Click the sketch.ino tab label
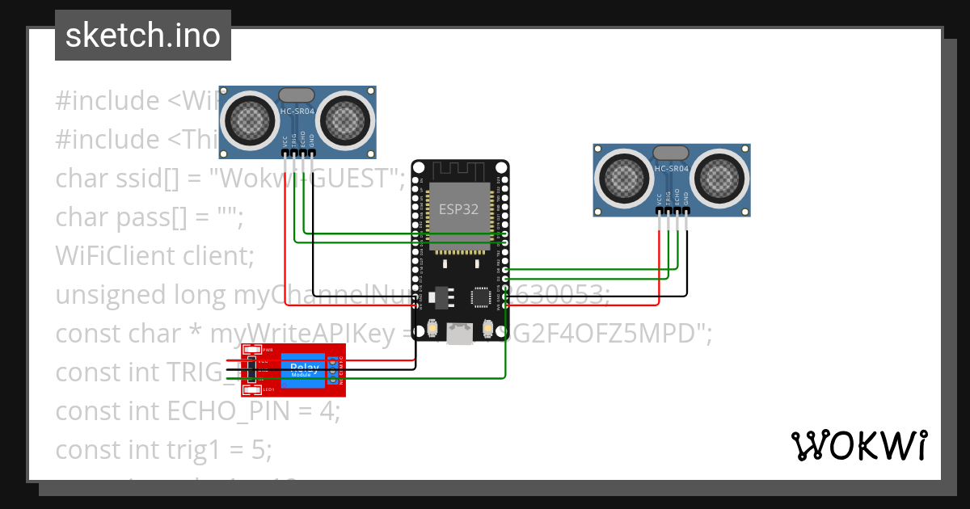[142, 36]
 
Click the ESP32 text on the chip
[458, 208]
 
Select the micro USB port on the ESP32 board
[460, 334]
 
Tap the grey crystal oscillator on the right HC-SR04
[671, 153]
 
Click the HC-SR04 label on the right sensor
[672, 169]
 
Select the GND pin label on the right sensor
[687, 197]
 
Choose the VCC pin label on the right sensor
[660, 198]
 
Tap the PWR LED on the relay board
[251, 351]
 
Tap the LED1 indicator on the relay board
[251, 389]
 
